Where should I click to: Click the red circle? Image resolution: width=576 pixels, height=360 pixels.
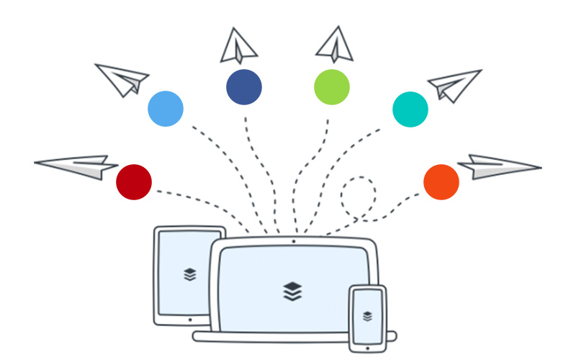coord(134,181)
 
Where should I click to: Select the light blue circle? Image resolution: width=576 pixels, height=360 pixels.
coord(166,109)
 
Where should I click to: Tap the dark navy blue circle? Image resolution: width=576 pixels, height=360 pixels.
coord(244,87)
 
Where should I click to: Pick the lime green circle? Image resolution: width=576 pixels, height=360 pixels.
coord(332,87)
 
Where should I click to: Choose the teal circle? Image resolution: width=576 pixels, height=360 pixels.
coord(410,109)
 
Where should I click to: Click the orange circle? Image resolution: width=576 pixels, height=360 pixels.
coord(441,181)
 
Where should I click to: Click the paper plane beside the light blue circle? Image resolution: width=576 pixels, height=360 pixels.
coord(123,78)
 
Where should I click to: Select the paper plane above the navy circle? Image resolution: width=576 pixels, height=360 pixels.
coord(239,46)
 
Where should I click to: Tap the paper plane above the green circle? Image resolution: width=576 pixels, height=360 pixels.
coord(335,45)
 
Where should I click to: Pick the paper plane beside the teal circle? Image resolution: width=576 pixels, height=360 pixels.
coord(454,84)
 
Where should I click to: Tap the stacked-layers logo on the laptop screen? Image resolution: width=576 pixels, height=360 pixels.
coord(293,291)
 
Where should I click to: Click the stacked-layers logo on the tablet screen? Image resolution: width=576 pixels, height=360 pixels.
coord(189,274)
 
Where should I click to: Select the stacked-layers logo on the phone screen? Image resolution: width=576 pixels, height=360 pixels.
coord(367,315)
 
